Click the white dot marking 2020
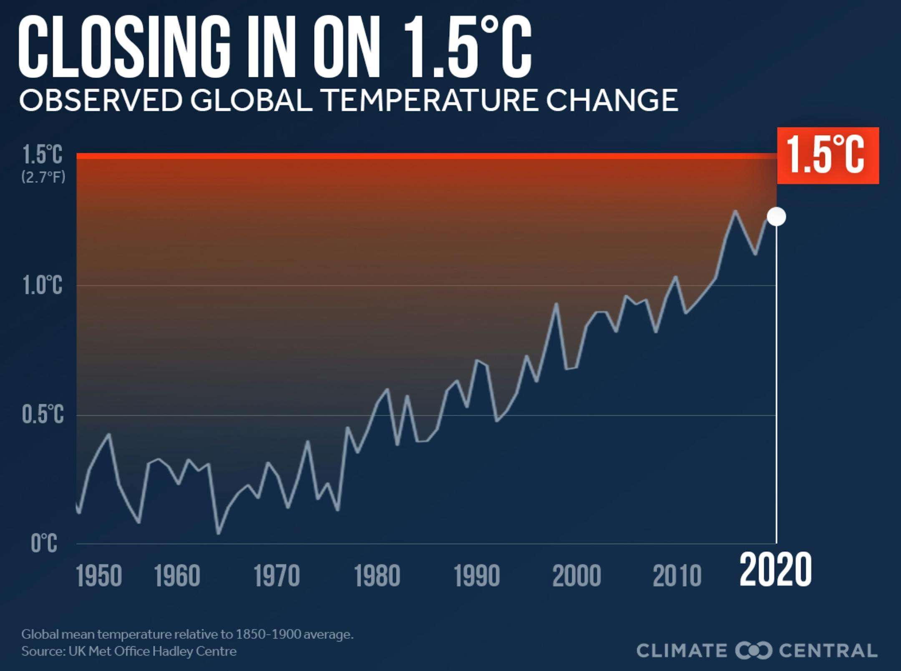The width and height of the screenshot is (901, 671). (x=776, y=217)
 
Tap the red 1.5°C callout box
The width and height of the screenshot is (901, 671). (x=828, y=155)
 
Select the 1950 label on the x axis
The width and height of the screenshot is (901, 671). (x=99, y=576)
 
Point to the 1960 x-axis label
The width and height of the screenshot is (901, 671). (x=177, y=576)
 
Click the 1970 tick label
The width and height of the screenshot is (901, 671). (x=277, y=576)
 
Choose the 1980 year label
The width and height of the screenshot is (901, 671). (x=377, y=576)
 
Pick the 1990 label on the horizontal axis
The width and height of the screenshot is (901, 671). (x=477, y=576)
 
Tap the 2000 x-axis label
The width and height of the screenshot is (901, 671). (x=576, y=576)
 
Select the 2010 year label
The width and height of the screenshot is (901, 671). (x=677, y=576)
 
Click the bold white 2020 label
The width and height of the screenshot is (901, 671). (x=775, y=570)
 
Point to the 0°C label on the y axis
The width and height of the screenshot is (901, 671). (x=44, y=543)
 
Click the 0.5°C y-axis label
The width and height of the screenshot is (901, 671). (x=43, y=414)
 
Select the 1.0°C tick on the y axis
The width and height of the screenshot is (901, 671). (x=43, y=285)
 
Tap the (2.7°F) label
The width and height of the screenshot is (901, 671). (x=43, y=178)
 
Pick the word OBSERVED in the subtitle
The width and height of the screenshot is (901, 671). (x=101, y=100)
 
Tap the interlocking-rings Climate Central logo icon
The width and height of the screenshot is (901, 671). (x=753, y=651)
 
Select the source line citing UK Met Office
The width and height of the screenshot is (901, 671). (x=129, y=651)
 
